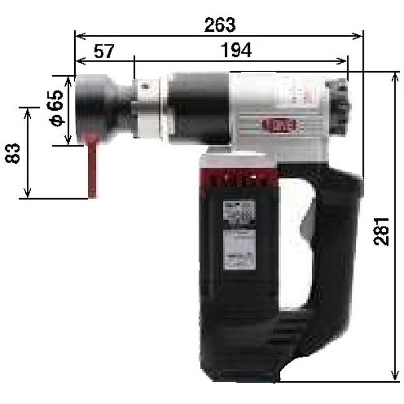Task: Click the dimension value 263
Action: [x=220, y=24]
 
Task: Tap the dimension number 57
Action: [x=104, y=51]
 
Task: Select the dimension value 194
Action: [x=236, y=50]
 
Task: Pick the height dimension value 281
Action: [x=382, y=231]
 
